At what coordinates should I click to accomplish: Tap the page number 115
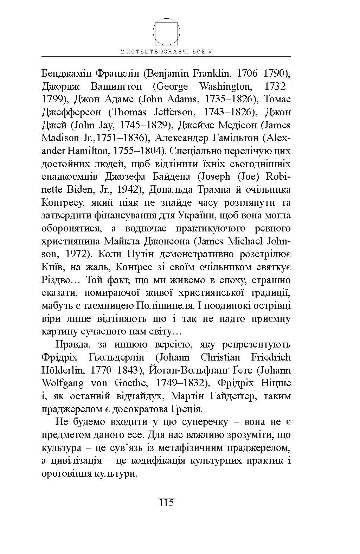coord(166,502)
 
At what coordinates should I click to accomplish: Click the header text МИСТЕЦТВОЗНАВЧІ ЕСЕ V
coord(166,51)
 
